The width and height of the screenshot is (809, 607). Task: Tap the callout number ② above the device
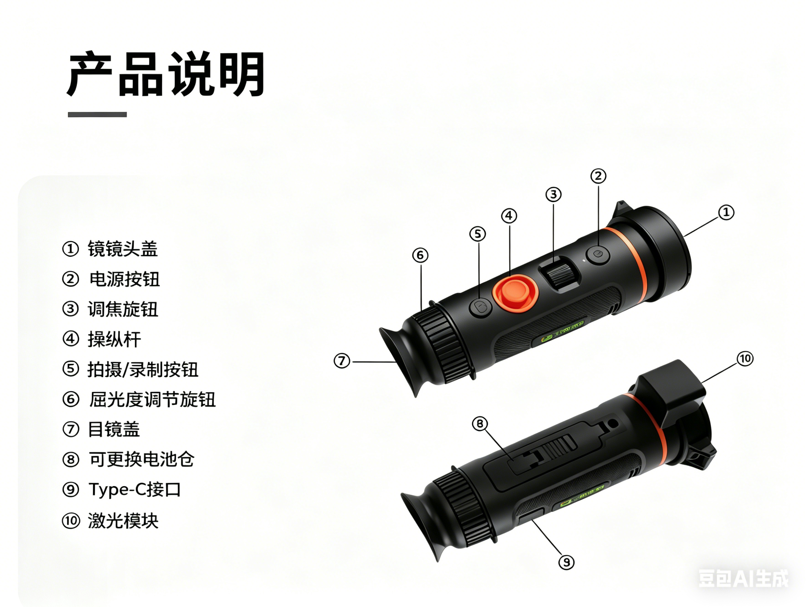(x=598, y=176)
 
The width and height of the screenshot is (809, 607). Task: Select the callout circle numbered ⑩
(x=745, y=358)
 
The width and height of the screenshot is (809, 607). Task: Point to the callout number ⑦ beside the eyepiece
(x=342, y=361)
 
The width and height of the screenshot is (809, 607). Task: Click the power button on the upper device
(x=598, y=254)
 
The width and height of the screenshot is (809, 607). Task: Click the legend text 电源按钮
(x=124, y=279)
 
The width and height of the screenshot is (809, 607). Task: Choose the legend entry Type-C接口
(x=134, y=490)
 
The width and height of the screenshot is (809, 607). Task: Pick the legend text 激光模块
(x=123, y=521)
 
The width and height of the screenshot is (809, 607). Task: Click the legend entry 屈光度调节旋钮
(x=152, y=399)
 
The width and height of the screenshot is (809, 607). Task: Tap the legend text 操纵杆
(x=114, y=339)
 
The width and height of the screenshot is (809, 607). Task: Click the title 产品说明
(x=165, y=74)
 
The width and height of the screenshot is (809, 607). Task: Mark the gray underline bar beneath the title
(x=97, y=115)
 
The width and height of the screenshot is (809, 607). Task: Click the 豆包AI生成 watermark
(x=743, y=579)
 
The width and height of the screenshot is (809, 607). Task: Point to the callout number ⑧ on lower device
(x=480, y=424)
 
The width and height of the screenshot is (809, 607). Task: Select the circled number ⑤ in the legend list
(x=70, y=369)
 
